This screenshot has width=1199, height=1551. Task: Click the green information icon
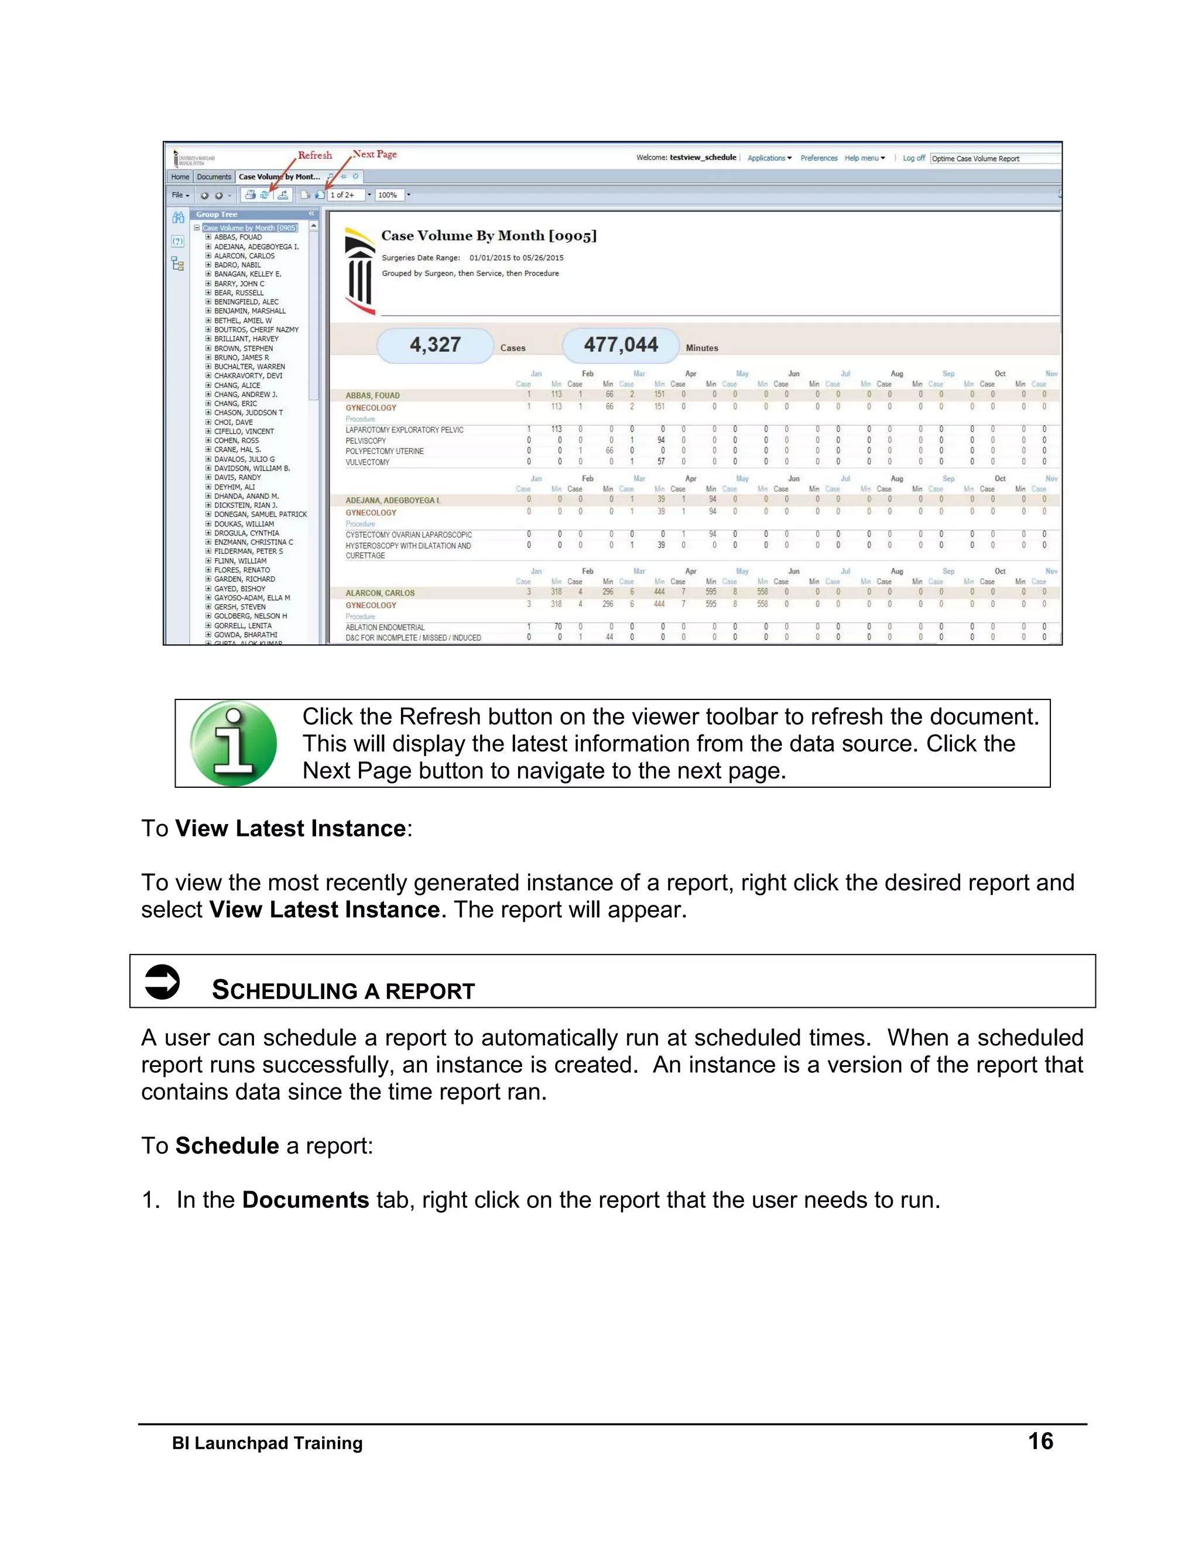(x=234, y=743)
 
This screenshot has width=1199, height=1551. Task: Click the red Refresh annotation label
(x=314, y=155)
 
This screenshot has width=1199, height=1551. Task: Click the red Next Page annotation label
(x=375, y=154)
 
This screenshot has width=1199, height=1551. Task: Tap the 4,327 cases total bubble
(x=435, y=345)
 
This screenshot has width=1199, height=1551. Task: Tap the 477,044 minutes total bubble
(x=621, y=345)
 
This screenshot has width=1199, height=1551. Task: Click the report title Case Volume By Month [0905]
(x=489, y=236)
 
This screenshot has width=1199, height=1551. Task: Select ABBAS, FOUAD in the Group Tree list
(x=238, y=237)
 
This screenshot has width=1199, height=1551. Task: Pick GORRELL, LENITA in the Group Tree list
(x=243, y=626)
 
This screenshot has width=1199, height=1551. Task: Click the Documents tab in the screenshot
(x=214, y=177)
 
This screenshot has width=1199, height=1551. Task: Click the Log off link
(x=913, y=159)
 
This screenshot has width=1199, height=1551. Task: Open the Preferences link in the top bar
(x=818, y=159)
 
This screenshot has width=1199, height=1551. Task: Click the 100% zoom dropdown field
(x=389, y=194)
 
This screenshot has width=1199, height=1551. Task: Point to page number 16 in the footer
(x=1040, y=1441)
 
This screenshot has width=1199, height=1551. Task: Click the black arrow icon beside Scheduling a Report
(x=162, y=982)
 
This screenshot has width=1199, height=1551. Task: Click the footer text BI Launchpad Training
(x=267, y=1443)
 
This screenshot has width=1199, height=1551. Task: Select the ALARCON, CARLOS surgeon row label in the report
(x=380, y=593)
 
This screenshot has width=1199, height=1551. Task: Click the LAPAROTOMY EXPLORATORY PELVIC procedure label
(x=404, y=430)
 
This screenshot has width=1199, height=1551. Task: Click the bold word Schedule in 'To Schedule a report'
(x=227, y=1145)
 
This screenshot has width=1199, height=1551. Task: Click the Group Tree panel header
(x=217, y=214)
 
